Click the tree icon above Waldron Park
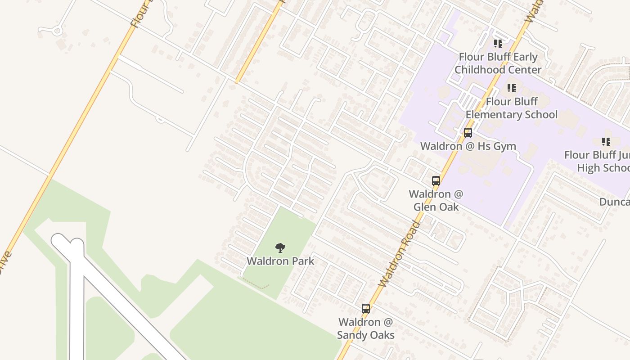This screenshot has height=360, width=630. pos(280,247)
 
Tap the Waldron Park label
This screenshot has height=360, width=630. pos(280,261)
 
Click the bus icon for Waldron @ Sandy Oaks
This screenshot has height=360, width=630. pos(366,309)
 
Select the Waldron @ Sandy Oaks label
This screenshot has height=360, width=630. pos(366,328)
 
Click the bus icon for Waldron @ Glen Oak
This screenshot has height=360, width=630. pos(436,181)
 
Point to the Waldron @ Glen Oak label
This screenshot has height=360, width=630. pos(436,200)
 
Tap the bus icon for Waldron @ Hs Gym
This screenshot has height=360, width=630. pos(468,133)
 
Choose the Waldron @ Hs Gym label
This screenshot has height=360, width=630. pos(468,146)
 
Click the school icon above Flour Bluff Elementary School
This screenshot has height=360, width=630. pos(511,88)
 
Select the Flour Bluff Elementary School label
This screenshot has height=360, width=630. pos(512,108)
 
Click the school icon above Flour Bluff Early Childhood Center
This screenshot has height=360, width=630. pos(498,44)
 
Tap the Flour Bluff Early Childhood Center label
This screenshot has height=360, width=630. pos(498,63)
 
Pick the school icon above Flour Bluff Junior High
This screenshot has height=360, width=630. pos(606,142)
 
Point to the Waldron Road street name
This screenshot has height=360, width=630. pos(400,254)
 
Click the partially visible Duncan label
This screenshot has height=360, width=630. pos(615,202)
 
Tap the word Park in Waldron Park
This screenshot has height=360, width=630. pos(303,261)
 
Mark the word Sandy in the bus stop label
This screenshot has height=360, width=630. pos(351,335)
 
